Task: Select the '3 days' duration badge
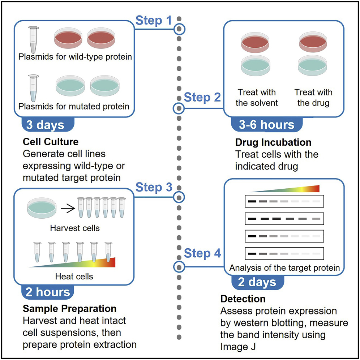click(x=45, y=124)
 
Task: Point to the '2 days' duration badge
click(x=257, y=282)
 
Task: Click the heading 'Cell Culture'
click(x=51, y=141)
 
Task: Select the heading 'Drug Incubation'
click(x=273, y=142)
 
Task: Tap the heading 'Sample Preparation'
click(x=70, y=309)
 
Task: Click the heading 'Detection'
click(x=243, y=299)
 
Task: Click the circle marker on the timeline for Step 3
click(x=179, y=197)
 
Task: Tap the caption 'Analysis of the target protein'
click(x=284, y=268)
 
